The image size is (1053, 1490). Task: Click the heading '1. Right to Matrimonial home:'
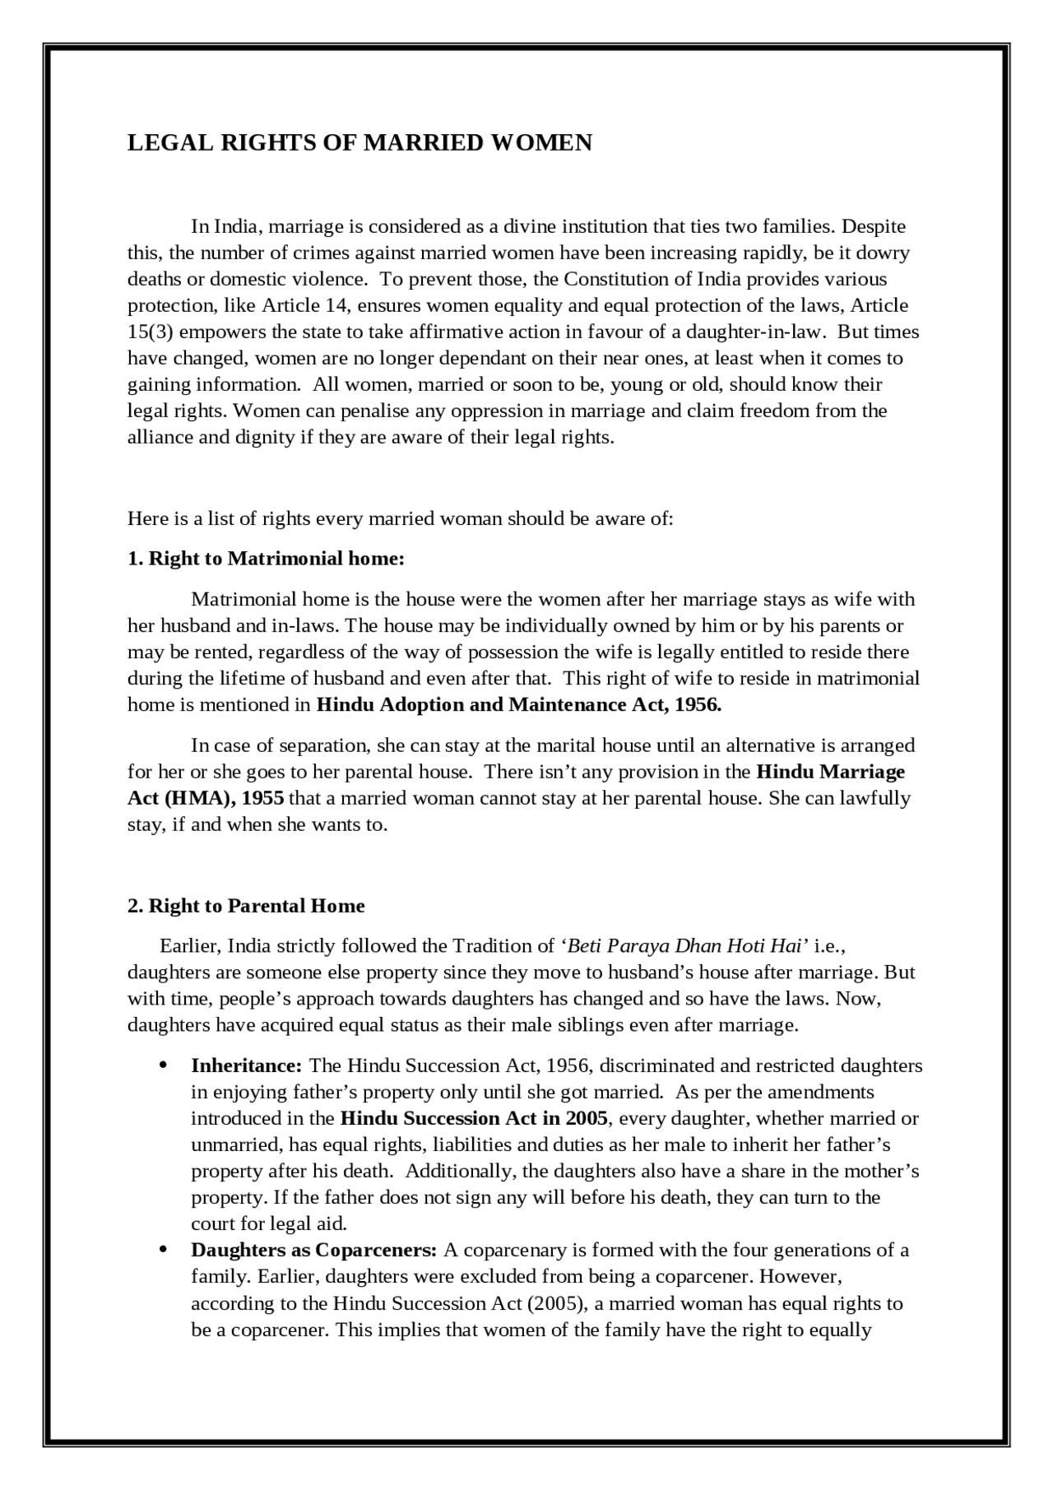tap(266, 559)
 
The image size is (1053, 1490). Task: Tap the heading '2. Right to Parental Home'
tap(246, 906)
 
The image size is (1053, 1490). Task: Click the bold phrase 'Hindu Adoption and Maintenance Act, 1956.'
tap(518, 705)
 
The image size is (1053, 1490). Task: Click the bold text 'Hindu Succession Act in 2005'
tap(474, 1119)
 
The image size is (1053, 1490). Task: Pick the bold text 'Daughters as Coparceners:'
tap(313, 1251)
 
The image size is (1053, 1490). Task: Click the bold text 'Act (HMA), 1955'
tap(206, 799)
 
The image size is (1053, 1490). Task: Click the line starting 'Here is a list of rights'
tap(400, 519)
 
